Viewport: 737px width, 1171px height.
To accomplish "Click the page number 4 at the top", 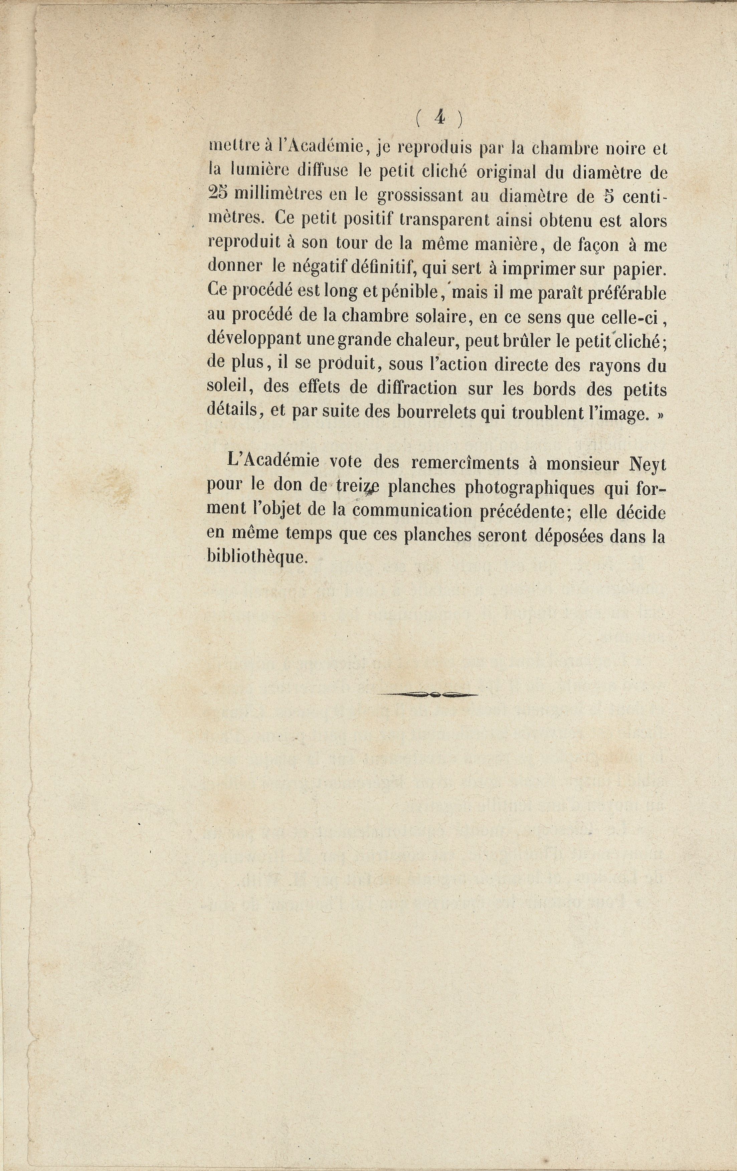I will coord(440,118).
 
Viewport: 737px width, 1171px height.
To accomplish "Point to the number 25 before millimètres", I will coord(217,194).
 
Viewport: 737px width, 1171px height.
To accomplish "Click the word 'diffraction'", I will coord(417,388).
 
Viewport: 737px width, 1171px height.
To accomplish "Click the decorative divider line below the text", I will coord(427,694).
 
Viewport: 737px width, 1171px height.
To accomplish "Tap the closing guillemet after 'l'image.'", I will coord(660,414).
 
